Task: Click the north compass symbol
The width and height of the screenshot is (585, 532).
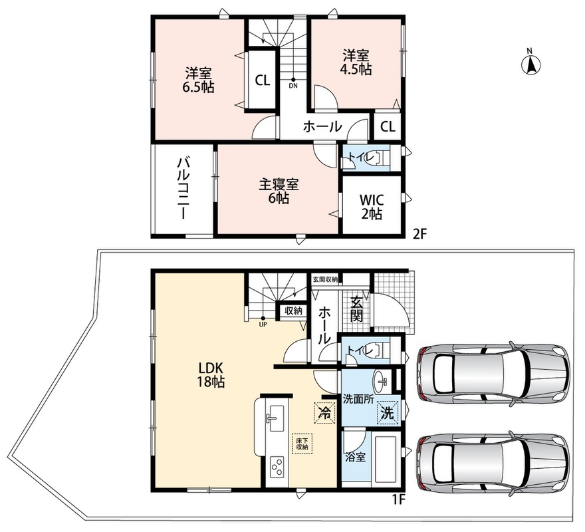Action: pyautogui.click(x=531, y=64)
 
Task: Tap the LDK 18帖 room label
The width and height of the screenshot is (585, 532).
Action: pyautogui.click(x=211, y=375)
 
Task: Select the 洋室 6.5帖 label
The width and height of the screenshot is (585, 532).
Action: pyautogui.click(x=198, y=80)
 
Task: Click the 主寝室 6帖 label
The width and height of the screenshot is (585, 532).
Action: pyautogui.click(x=279, y=192)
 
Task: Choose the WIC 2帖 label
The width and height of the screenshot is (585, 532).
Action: pyautogui.click(x=372, y=207)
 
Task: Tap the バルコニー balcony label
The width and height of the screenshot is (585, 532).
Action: pyautogui.click(x=183, y=188)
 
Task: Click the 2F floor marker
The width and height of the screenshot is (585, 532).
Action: pyautogui.click(x=419, y=234)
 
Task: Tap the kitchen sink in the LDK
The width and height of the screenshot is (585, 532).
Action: pyautogui.click(x=275, y=418)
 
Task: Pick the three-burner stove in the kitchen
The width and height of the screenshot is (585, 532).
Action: pyautogui.click(x=277, y=467)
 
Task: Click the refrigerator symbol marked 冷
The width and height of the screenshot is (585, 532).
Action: pyautogui.click(x=324, y=412)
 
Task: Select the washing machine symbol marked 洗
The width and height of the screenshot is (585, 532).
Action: pyautogui.click(x=388, y=412)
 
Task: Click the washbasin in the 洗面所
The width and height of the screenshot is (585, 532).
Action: pyautogui.click(x=382, y=382)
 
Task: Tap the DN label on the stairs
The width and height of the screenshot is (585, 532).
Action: pyautogui.click(x=293, y=86)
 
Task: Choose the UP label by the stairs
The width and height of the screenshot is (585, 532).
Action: pyautogui.click(x=263, y=325)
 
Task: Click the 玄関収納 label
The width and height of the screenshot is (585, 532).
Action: pyautogui.click(x=325, y=279)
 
